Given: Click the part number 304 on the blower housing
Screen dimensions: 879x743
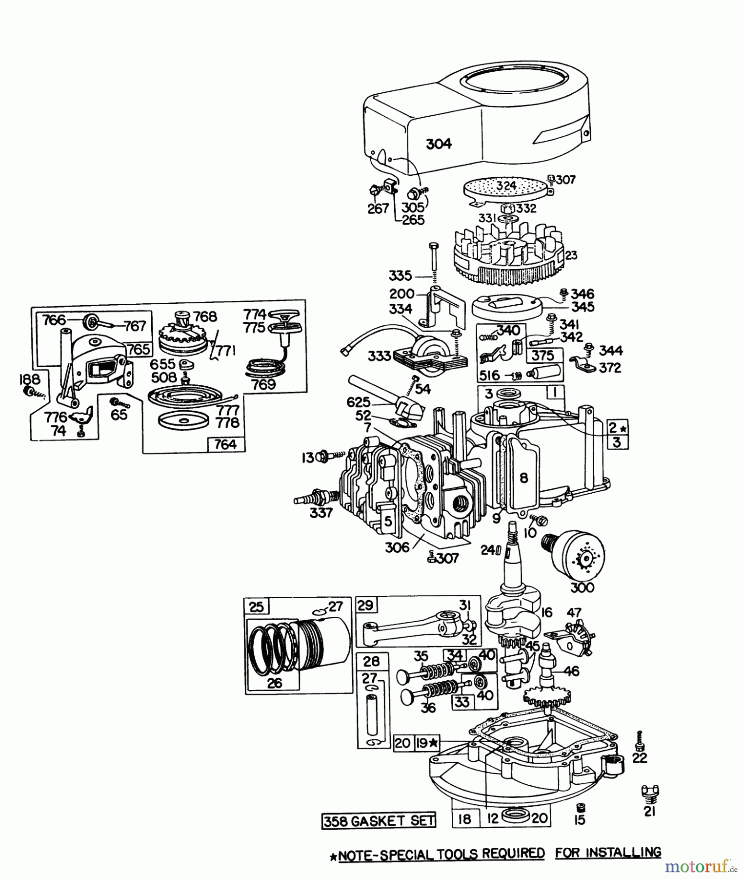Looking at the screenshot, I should click(x=439, y=144).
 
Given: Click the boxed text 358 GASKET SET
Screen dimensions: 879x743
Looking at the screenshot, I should click(x=379, y=820).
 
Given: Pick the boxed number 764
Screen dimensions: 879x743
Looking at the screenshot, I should click(x=225, y=444).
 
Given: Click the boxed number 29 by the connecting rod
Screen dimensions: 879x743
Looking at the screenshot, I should click(x=365, y=605).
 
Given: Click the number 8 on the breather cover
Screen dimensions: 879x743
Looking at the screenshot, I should click(x=523, y=478).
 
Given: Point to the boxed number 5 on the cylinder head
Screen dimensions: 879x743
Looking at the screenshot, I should click(x=388, y=521).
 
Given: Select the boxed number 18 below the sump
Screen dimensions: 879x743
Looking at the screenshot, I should click(x=464, y=818).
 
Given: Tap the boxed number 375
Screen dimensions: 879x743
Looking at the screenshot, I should click(x=543, y=355).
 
